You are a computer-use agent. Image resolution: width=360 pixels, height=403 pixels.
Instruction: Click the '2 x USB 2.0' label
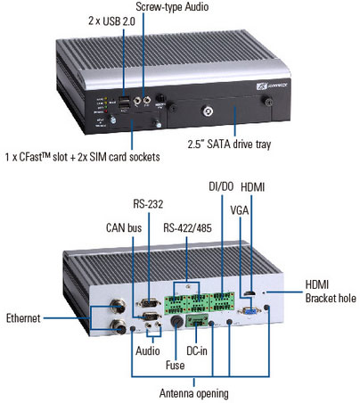pyautogui.click(x=111, y=21)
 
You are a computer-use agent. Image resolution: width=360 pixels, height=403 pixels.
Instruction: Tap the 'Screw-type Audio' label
pyautogui.click(x=172, y=6)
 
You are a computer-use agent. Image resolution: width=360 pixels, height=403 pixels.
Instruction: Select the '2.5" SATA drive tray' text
pyautogui.click(x=229, y=144)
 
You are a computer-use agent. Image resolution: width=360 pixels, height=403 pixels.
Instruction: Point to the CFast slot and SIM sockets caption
pyautogui.click(x=83, y=157)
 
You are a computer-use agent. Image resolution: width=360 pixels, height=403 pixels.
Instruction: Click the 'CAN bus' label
pyautogui.click(x=124, y=228)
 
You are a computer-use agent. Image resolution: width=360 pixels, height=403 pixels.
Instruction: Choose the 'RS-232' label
pyautogui.click(x=148, y=204)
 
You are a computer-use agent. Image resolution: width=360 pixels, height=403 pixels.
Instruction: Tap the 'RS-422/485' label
pyautogui.click(x=187, y=228)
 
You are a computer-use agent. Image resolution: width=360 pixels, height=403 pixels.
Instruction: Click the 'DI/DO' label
pyautogui.click(x=221, y=186)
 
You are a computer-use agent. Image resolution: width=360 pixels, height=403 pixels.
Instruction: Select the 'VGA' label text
pyautogui.click(x=240, y=210)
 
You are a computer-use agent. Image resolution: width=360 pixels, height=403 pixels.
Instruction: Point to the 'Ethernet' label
pyautogui.click(x=23, y=318)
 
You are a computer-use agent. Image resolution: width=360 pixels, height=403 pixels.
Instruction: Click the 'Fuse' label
pyautogui.click(x=175, y=365)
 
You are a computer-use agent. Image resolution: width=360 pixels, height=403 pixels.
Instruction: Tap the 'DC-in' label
pyautogui.click(x=197, y=350)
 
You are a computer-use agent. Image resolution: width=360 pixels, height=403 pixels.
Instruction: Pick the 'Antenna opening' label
pyautogui.click(x=194, y=393)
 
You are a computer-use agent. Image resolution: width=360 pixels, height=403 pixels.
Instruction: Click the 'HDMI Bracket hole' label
pyautogui.click(x=331, y=292)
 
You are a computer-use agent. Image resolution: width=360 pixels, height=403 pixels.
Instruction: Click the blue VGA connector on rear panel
pyautogui.click(x=250, y=311)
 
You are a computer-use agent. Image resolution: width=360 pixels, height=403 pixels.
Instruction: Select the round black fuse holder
pyautogui.click(x=176, y=322)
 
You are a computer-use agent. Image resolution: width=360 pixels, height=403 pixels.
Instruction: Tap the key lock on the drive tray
pyautogui.click(x=208, y=112)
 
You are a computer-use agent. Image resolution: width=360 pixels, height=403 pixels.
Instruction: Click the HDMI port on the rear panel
pyautogui.click(x=250, y=294)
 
